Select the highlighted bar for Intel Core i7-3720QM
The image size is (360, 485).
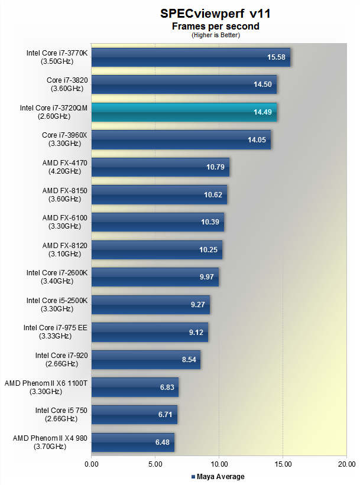click(184, 112)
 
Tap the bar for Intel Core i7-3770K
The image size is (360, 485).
click(190, 57)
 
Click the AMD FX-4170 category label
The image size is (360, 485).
click(65, 167)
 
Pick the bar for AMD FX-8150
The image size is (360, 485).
click(158, 194)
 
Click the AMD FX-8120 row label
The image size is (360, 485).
click(65, 249)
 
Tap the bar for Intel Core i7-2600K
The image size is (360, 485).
click(155, 277)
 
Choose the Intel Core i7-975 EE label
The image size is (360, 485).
click(56, 331)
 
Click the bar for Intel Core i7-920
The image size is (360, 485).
click(145, 359)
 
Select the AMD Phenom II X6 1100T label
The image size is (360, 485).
click(46, 387)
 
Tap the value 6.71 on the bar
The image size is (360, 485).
click(165, 415)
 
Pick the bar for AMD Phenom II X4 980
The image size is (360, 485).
click(132, 442)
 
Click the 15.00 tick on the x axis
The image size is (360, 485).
click(283, 466)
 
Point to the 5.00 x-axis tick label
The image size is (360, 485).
click(155, 466)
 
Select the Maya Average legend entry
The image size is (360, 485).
click(218, 477)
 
